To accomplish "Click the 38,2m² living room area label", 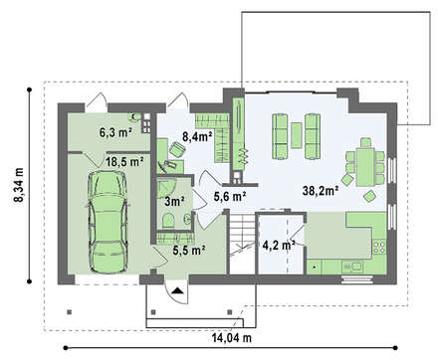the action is [321, 190].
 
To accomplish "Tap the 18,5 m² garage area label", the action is [124, 162].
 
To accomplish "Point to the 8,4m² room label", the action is [197, 136].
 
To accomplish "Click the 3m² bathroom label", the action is [174, 201].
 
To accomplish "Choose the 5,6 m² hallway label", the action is [230, 197].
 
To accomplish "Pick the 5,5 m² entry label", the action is [188, 251].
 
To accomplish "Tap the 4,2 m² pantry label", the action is [279, 246].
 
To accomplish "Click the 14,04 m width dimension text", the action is [232, 338].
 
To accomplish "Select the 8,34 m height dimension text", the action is [19, 185].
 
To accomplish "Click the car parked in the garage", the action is [108, 222].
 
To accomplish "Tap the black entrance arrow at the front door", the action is [177, 291].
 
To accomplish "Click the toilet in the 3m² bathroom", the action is [169, 221].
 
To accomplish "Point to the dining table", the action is [365, 167].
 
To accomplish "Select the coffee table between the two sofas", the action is [297, 135].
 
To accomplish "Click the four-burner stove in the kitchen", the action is [380, 247].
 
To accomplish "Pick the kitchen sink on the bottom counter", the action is [352, 267].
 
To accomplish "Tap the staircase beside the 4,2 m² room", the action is [243, 244].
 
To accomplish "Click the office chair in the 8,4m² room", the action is [177, 149].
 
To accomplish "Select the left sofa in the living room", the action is [280, 136].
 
